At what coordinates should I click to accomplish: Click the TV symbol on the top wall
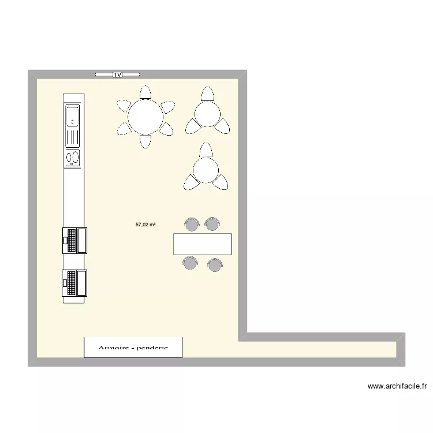pos(117,74)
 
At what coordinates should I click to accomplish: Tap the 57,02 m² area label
pos(145,225)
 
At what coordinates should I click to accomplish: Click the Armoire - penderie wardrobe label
pos(133,348)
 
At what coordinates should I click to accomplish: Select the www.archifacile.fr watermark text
pos(397,386)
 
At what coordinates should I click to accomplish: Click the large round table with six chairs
pos(145,117)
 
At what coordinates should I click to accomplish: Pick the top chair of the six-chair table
pos(145,92)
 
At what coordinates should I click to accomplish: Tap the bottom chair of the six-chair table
pos(145,141)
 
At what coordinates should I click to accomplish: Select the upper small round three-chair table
pos(207,114)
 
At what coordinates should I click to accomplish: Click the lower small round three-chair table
pos(206,170)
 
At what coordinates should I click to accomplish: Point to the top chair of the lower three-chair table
pos(206,150)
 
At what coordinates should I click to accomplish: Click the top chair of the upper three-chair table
pos(208,94)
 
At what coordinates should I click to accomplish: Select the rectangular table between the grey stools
pos(203,244)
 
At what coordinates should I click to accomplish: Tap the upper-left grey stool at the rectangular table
pos(192,224)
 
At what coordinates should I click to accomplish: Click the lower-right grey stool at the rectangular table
pos(215,265)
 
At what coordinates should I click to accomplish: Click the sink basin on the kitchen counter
pos(72,117)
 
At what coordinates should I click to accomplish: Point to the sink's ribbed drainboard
pos(72,137)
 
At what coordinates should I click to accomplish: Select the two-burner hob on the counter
pos(72,158)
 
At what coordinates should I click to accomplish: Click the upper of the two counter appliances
pos(74,241)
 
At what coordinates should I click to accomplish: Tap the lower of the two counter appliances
pos(74,283)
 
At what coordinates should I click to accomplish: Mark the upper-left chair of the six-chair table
pos(124,106)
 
